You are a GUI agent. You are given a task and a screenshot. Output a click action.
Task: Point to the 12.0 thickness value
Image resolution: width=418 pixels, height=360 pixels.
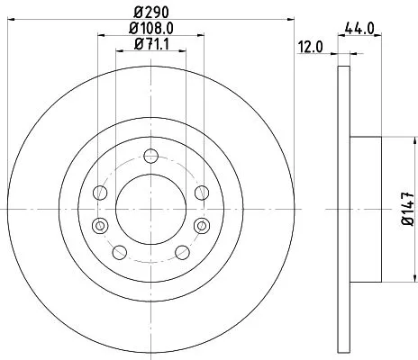coord(311,46)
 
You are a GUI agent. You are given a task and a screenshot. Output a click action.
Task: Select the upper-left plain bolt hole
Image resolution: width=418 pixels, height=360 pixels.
coord(101,192)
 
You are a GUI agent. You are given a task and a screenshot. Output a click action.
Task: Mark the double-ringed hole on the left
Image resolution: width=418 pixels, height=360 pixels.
coord(100,224)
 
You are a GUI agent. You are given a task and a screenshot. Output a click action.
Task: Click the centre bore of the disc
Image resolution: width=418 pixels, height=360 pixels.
coord(151,208)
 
